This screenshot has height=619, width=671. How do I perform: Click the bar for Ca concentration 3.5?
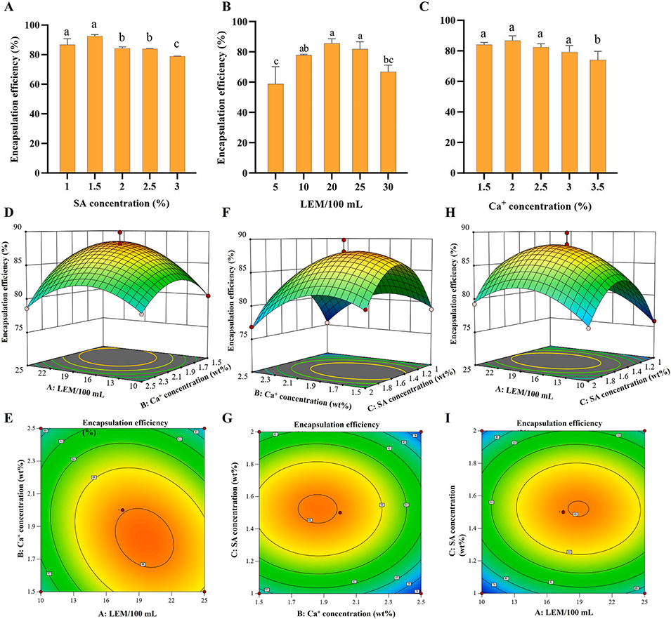tap(598, 117)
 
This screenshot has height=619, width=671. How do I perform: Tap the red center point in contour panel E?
tap(122, 510)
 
